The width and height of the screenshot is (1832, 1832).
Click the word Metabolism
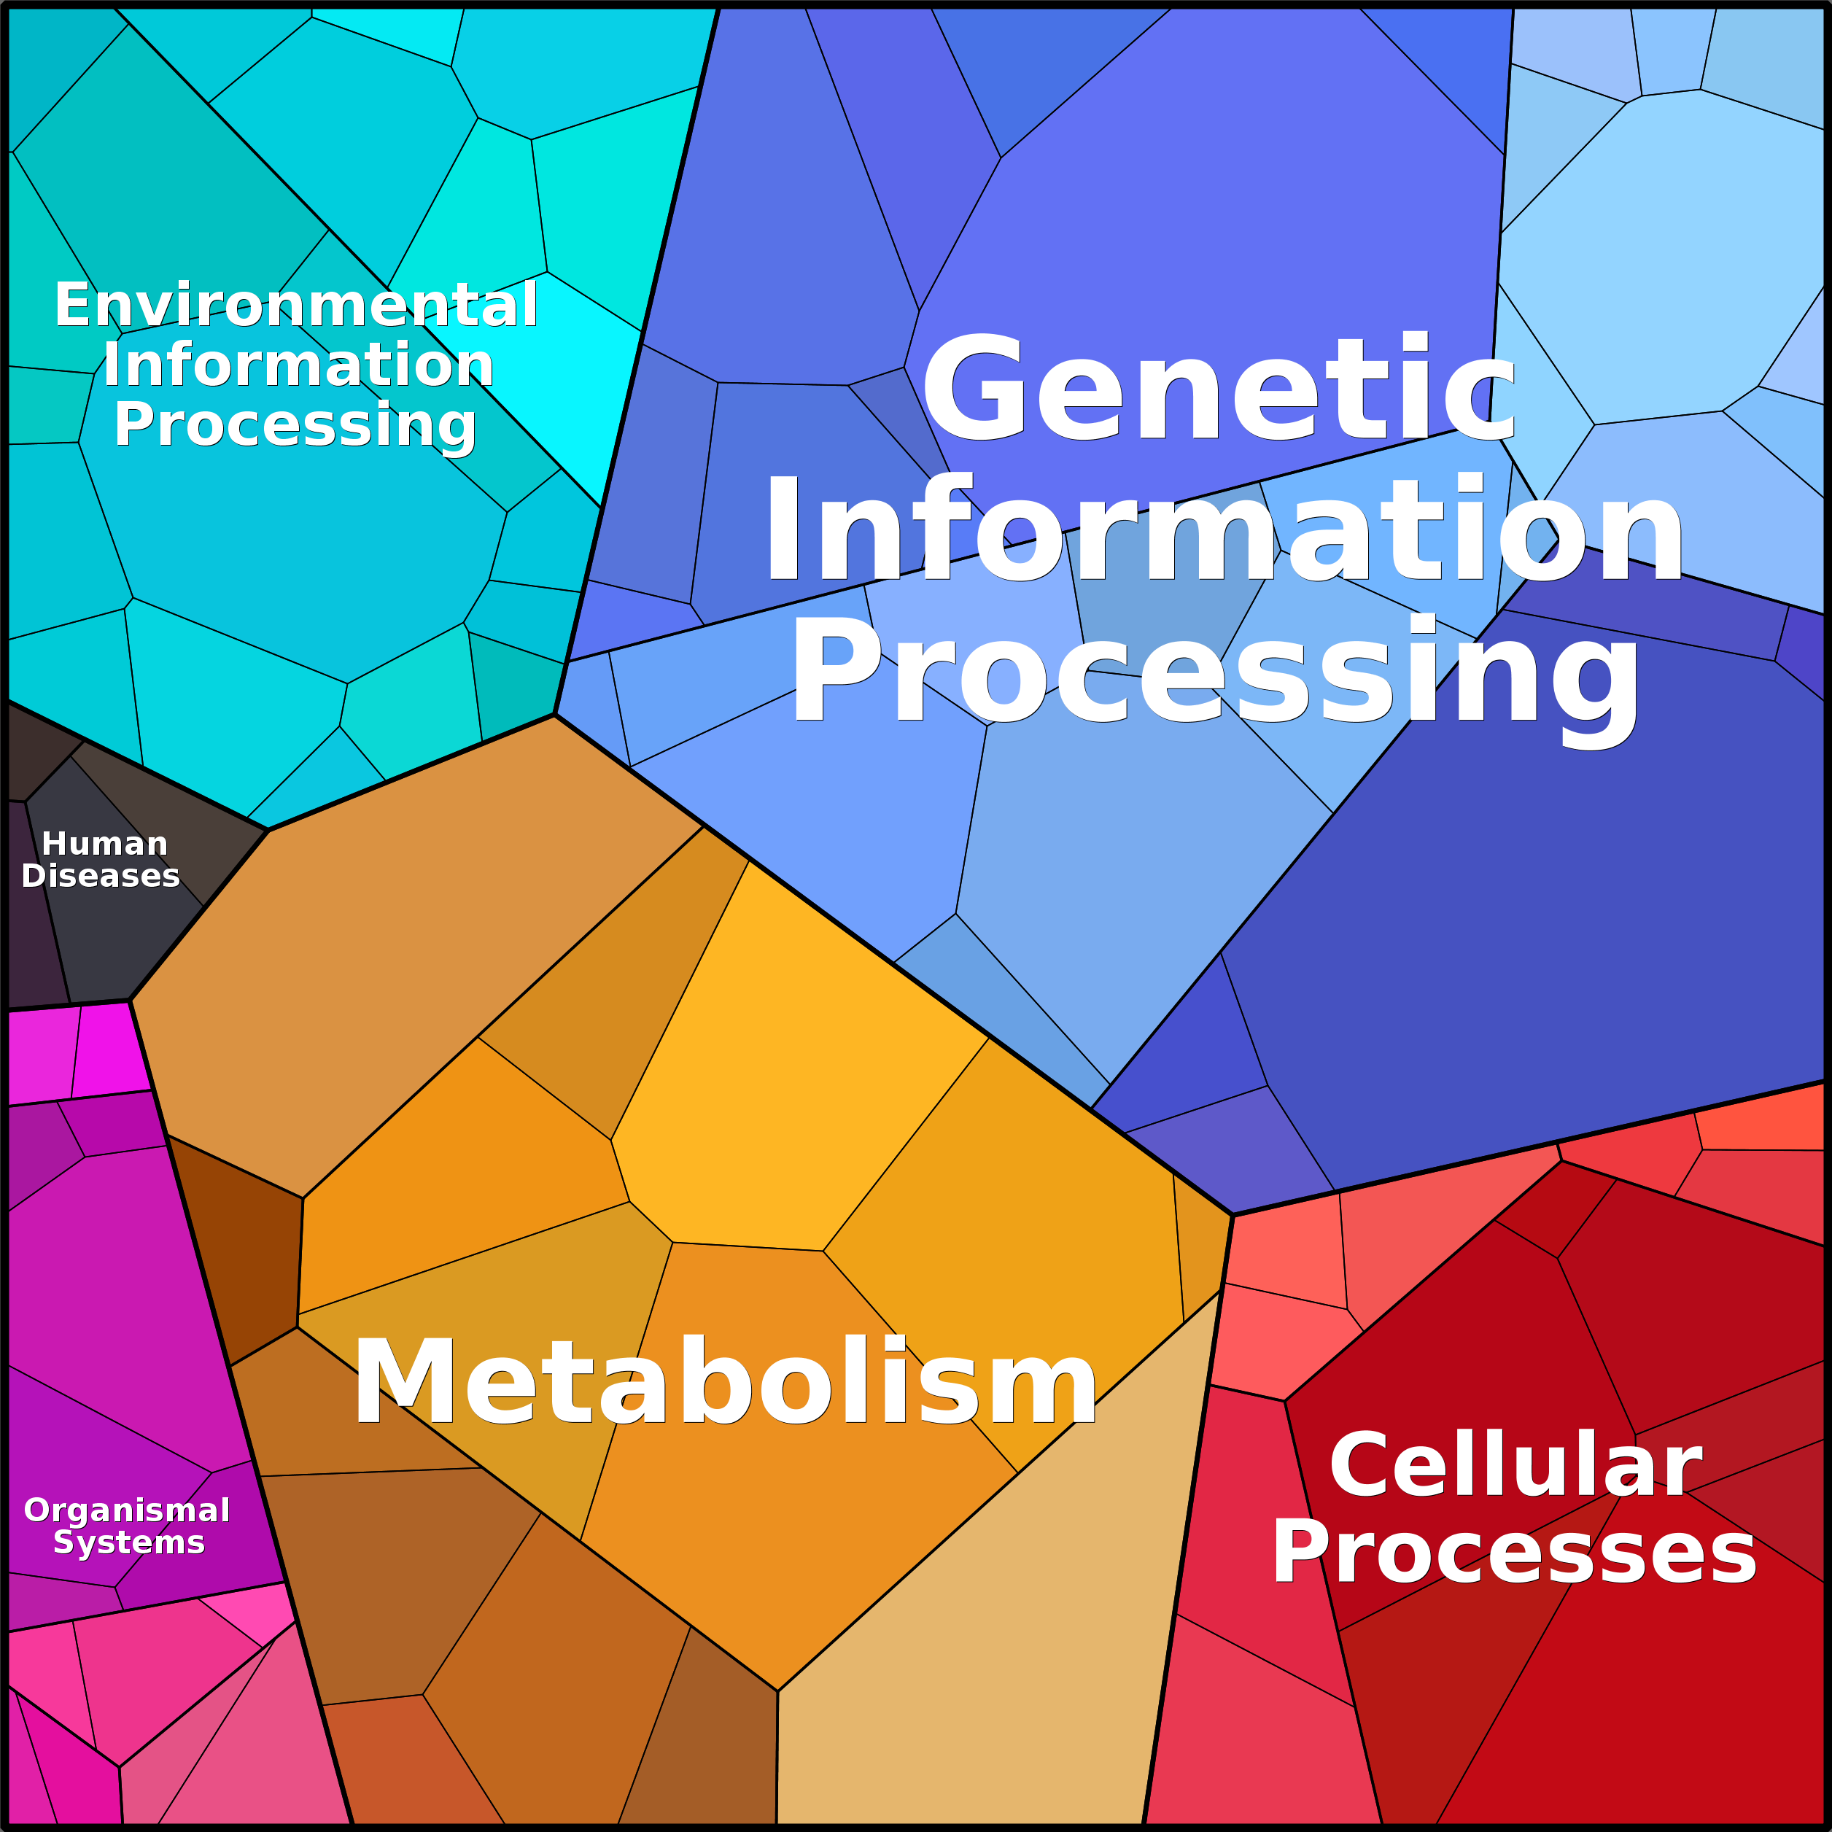[724, 1381]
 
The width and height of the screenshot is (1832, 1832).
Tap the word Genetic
[1219, 389]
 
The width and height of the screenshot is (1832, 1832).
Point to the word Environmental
[296, 306]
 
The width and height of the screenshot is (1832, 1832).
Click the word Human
[104, 843]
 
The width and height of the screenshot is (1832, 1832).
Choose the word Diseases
[101, 875]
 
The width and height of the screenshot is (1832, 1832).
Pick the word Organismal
[127, 1510]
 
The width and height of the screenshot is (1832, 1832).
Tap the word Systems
[129, 1542]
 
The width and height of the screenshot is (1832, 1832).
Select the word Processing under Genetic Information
[1214, 673]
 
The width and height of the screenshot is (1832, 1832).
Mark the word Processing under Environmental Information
[294, 424]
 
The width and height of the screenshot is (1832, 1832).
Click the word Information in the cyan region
[298, 365]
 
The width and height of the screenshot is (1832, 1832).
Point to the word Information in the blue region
[1223, 531]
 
